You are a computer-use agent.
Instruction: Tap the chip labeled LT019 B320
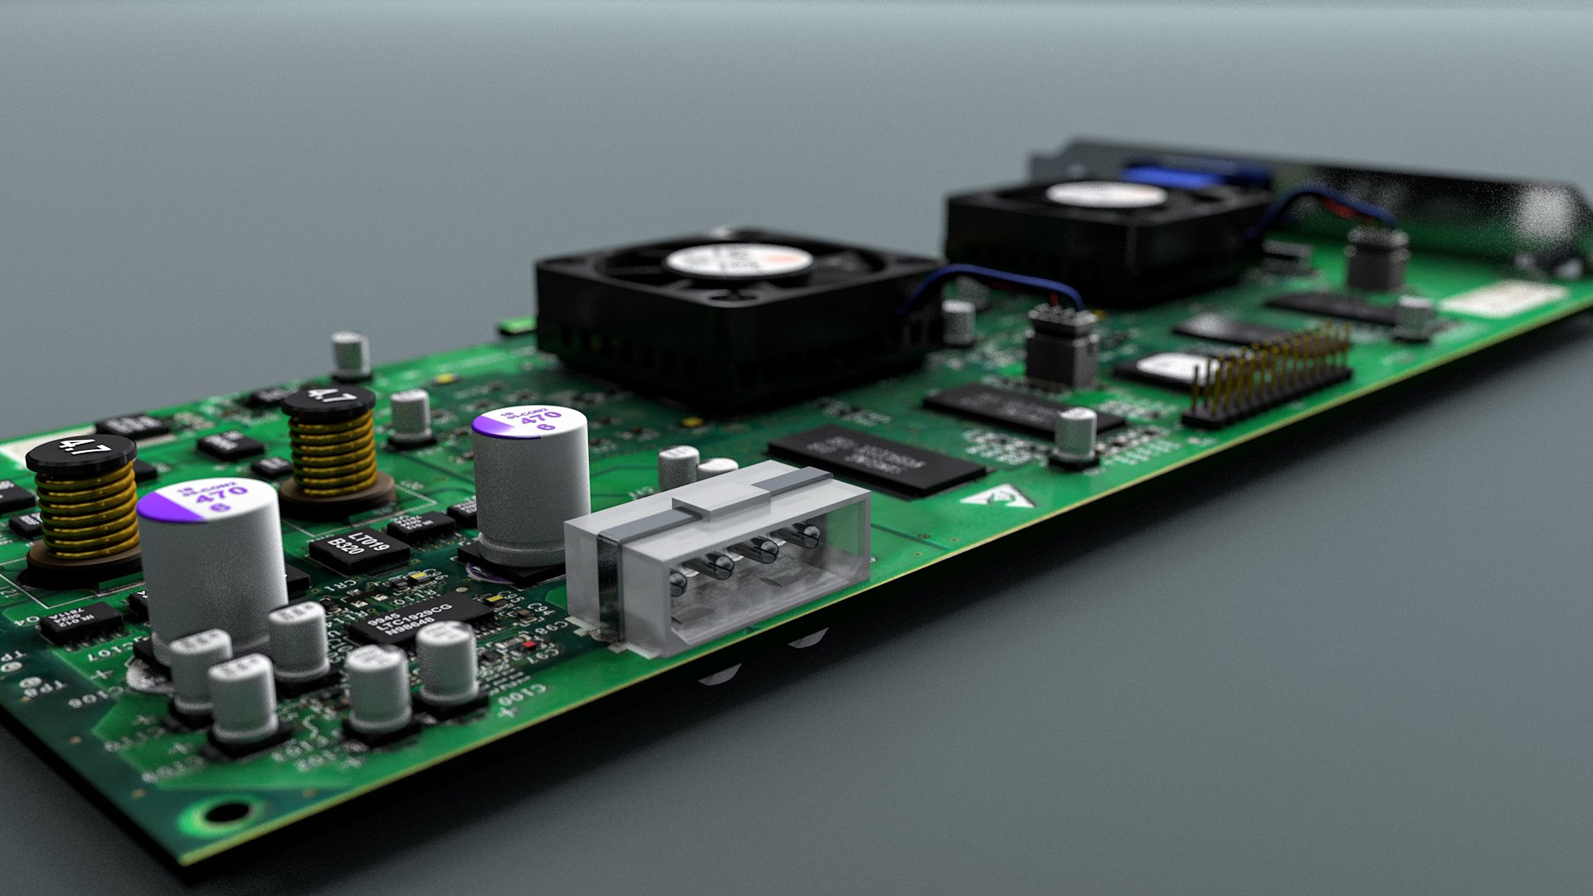(359, 548)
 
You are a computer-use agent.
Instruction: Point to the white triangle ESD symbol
(998, 498)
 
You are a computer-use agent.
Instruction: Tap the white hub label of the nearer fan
(738, 261)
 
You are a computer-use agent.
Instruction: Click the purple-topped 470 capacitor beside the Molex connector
(531, 481)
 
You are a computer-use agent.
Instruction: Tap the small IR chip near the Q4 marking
(80, 622)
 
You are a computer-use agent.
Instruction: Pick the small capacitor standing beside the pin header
(1076, 436)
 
